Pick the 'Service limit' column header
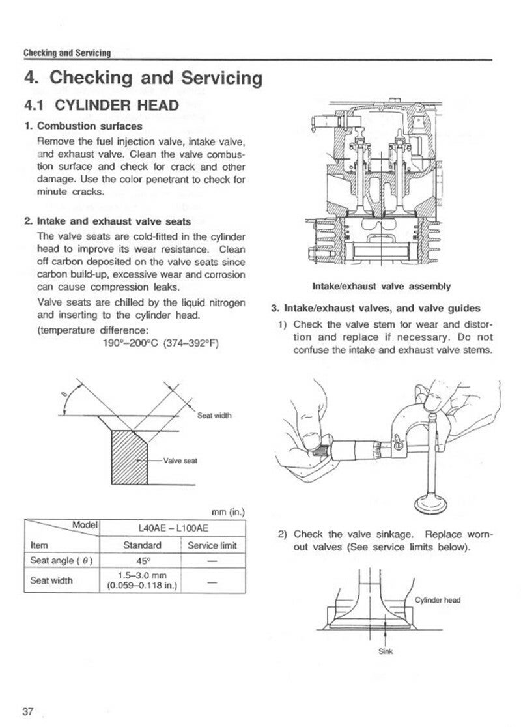[212, 545]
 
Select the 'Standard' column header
[141, 545]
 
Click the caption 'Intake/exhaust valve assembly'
[382, 285]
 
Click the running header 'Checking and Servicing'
[66, 53]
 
